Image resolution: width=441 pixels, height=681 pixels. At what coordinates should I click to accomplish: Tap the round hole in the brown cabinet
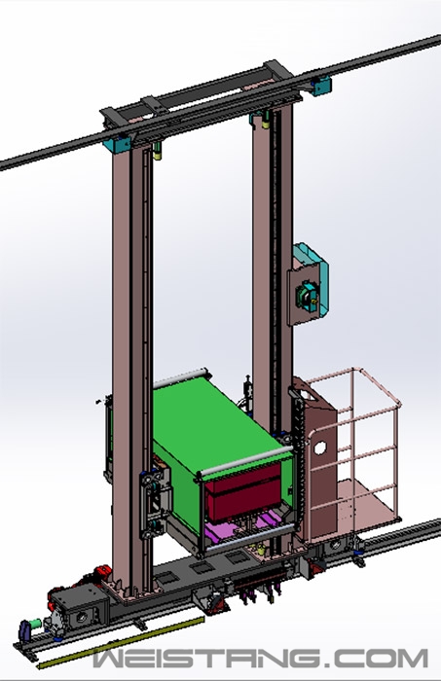tap(319, 448)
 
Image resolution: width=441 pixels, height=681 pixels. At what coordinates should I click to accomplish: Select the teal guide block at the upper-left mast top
tap(117, 144)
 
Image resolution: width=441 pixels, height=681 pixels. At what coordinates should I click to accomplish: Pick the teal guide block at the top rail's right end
tap(322, 86)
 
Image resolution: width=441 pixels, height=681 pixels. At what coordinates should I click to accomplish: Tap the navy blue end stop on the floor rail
tap(24, 632)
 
